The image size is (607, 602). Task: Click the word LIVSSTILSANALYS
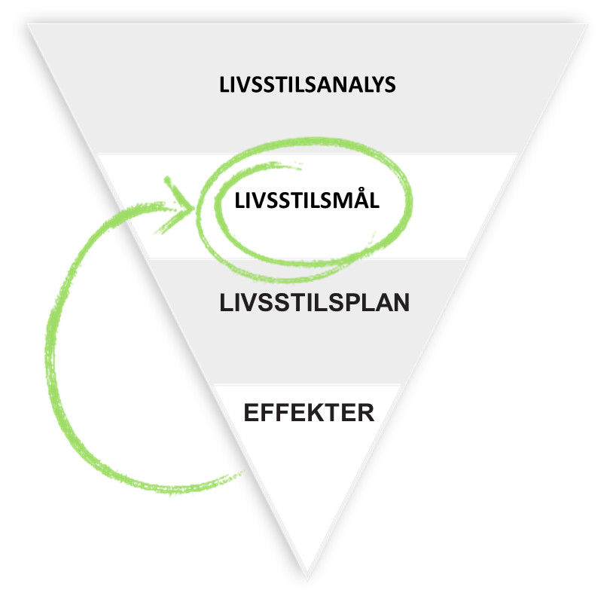click(x=307, y=84)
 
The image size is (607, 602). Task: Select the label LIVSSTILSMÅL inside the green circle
click(x=307, y=201)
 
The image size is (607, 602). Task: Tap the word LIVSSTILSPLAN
click(x=315, y=303)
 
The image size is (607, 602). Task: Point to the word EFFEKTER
click(x=309, y=413)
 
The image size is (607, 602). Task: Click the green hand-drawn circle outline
click(x=410, y=203)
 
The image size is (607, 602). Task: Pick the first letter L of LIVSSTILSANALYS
click(x=224, y=84)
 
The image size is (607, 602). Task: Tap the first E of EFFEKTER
click(x=252, y=413)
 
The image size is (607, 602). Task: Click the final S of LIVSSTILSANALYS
click(x=389, y=84)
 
